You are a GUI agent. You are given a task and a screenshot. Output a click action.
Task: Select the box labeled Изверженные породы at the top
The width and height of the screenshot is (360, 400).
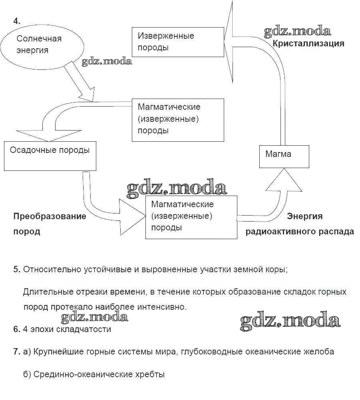(x=178, y=42)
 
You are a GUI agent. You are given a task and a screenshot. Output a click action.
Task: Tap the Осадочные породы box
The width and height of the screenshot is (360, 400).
(x=50, y=155)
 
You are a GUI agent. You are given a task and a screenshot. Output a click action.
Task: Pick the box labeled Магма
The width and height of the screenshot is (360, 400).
(x=287, y=156)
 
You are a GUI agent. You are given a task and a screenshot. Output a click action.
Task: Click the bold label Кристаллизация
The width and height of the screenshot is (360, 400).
(x=308, y=44)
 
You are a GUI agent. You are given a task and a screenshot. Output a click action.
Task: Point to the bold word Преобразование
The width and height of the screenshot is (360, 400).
(x=50, y=216)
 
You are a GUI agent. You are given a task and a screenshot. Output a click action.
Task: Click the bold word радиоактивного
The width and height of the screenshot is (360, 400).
(x=285, y=232)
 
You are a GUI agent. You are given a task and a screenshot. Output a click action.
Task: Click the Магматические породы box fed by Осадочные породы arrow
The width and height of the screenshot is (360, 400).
(x=191, y=217)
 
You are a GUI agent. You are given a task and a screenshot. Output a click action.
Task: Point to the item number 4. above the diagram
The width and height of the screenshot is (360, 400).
(x=17, y=21)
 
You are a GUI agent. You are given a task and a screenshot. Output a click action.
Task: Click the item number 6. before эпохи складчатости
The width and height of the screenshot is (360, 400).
(x=16, y=329)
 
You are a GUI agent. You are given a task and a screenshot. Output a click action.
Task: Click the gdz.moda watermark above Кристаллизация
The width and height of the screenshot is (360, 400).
(x=297, y=32)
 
